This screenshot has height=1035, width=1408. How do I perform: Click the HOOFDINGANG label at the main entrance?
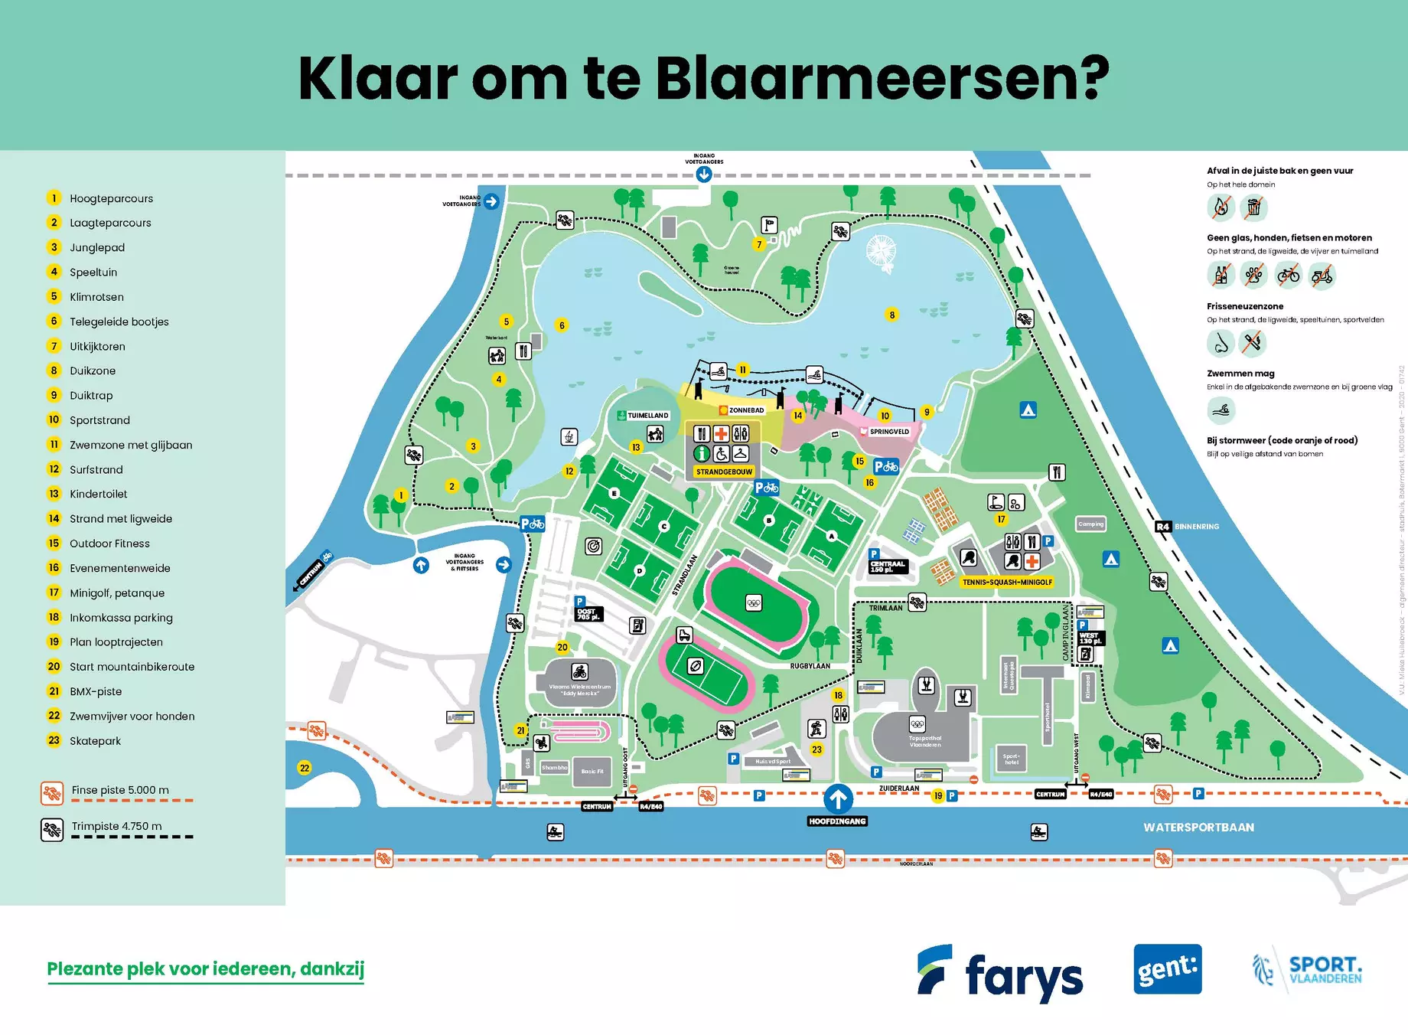[x=837, y=821]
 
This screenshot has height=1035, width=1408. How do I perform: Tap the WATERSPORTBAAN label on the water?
[x=1198, y=828]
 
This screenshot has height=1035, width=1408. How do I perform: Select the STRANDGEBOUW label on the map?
[x=724, y=472]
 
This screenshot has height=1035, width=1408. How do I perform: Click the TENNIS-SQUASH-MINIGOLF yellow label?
[x=1007, y=583]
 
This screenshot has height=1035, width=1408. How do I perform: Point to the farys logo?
[x=1000, y=972]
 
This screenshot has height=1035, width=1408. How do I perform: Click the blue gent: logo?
[x=1167, y=969]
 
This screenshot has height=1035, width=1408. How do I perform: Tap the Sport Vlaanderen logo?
[x=1307, y=970]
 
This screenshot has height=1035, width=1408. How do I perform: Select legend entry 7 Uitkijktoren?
[x=96, y=347]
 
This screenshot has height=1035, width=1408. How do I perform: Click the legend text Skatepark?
[x=95, y=741]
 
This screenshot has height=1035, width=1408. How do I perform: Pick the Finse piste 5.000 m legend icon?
[x=52, y=794]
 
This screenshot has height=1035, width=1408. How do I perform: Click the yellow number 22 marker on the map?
[x=305, y=768]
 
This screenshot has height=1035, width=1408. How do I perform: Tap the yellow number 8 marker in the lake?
[x=891, y=315]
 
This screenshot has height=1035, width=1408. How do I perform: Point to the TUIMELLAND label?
[x=647, y=416]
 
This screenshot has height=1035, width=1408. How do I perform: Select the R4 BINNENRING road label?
[x=1187, y=527]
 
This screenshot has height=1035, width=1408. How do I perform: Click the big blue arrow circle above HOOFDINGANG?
[x=838, y=799]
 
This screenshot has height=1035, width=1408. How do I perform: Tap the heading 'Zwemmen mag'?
[x=1240, y=374]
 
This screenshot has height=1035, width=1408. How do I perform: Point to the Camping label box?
[x=1090, y=524]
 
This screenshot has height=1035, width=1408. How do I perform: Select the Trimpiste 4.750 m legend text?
[x=116, y=827]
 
